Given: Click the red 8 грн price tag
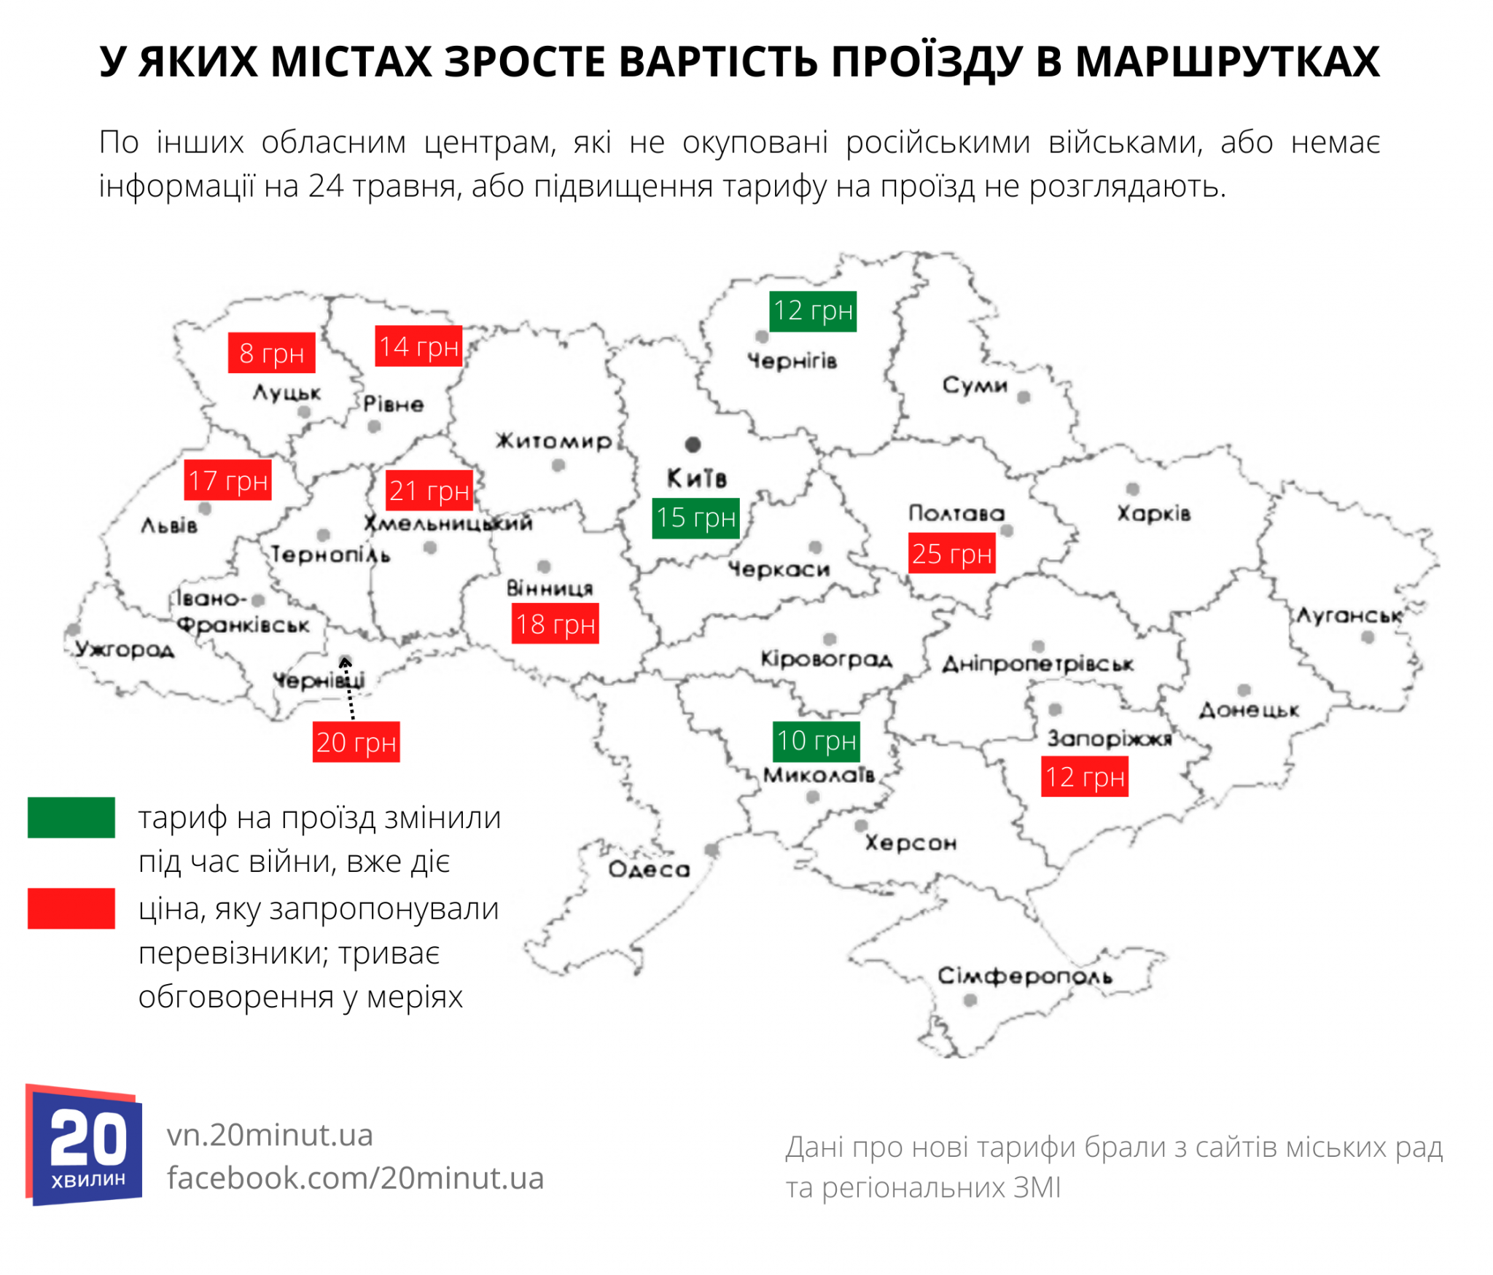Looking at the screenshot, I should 271,353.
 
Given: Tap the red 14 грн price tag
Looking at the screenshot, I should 418,346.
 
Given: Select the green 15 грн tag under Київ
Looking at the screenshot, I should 695,518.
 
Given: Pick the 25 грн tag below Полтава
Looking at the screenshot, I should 951,554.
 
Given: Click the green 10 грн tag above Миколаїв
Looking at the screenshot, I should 815,741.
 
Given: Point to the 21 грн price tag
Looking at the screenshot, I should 429,490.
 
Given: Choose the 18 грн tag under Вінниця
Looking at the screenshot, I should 555,623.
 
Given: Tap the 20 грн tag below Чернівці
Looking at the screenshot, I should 356,741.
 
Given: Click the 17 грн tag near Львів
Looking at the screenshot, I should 227,480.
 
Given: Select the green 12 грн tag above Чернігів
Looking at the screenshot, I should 812,311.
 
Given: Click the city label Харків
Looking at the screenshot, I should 1153,513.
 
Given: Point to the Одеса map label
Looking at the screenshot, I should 648,869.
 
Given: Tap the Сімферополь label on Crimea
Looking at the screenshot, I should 1024,975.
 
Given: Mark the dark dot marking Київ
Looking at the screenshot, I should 693,444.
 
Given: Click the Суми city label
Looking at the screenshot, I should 974,385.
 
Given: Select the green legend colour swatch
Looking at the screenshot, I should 71,817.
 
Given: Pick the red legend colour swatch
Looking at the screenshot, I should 71,908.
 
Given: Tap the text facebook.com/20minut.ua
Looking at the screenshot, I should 355,1178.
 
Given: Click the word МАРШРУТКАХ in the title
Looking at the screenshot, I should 1227,61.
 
